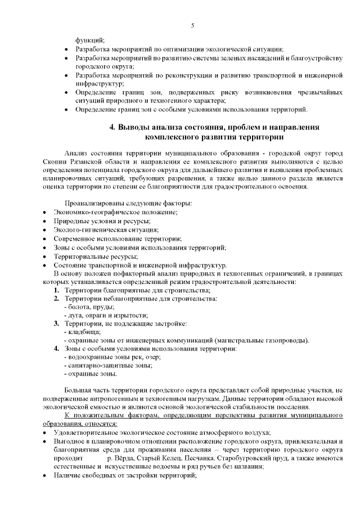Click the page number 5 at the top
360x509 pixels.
(x=193, y=25)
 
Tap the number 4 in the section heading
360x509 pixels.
(x=112, y=127)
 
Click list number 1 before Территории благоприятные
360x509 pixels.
(x=56, y=290)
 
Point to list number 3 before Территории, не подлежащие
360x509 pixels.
(x=56, y=323)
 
